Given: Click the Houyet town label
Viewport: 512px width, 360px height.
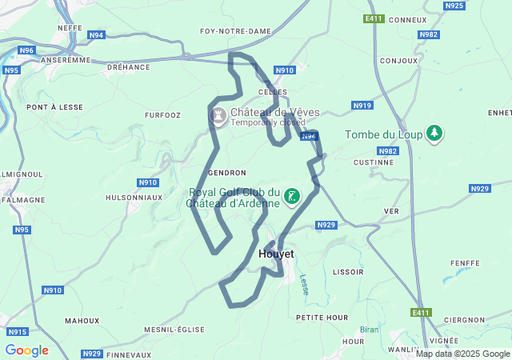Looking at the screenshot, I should point(276,254).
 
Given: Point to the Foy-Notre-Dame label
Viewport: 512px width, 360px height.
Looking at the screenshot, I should point(235,31).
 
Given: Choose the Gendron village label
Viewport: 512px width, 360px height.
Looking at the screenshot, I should point(226,173).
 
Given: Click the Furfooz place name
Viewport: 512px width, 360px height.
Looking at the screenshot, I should point(162,115).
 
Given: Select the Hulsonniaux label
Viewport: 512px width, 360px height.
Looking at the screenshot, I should point(134,197).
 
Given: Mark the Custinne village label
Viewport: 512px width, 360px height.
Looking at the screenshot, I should point(374,162).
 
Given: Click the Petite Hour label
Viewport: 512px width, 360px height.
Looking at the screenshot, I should point(322,318).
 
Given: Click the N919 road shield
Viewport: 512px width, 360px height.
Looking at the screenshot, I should point(362,106).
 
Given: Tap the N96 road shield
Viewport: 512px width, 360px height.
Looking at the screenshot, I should point(26,50).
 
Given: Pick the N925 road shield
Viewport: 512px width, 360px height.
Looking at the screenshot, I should point(454,6).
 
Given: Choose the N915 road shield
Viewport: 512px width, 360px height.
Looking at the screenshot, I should point(17,332).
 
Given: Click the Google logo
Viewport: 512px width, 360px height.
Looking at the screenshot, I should point(26,350).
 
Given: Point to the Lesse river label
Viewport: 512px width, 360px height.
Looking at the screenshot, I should point(304,285).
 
